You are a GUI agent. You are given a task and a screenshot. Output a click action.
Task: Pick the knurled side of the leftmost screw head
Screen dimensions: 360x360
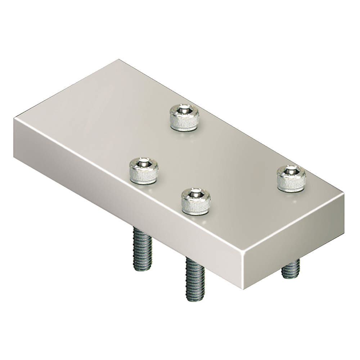pos(144,176)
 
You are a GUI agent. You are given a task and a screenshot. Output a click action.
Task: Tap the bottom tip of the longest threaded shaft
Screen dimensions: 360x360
pos(195,300)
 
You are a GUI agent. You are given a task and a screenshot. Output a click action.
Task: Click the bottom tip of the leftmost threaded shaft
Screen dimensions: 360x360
pos(143,270)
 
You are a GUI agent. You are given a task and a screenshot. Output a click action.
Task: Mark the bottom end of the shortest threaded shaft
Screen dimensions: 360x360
pos(291,277)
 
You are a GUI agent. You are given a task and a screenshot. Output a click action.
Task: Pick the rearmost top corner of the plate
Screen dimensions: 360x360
pos(118,60)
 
